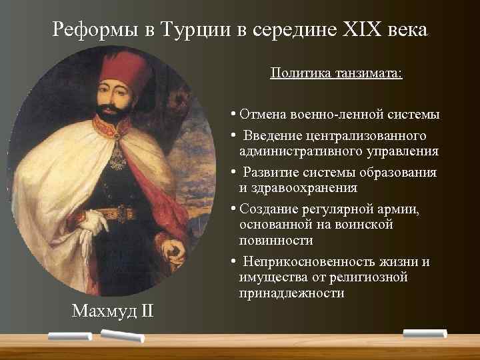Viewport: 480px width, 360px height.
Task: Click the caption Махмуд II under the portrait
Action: [x=114, y=311]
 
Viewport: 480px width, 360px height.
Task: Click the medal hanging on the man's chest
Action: [x=119, y=158]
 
